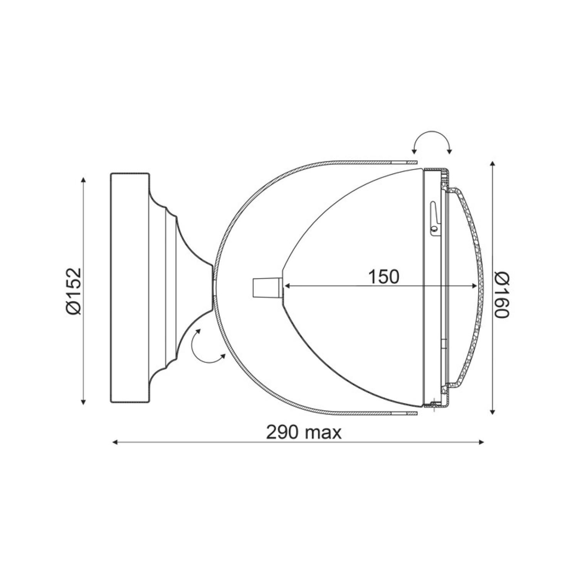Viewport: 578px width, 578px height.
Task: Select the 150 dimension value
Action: click(x=383, y=276)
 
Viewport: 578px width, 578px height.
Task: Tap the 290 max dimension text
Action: click(x=304, y=433)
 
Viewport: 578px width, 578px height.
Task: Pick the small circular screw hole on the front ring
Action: click(x=435, y=229)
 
